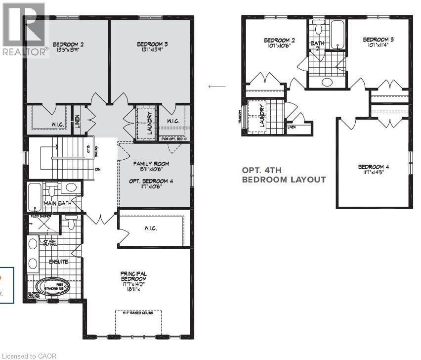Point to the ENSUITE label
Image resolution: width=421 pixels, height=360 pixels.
pos(58,261)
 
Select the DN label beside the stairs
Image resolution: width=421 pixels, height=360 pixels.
pos(97,169)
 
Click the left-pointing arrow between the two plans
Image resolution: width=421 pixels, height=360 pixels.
pos(217,87)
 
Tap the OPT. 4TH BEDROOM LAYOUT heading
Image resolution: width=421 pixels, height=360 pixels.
pos(283,175)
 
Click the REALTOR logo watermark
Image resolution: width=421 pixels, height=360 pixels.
pos(25,30)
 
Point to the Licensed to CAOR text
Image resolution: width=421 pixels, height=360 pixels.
pos(29,356)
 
